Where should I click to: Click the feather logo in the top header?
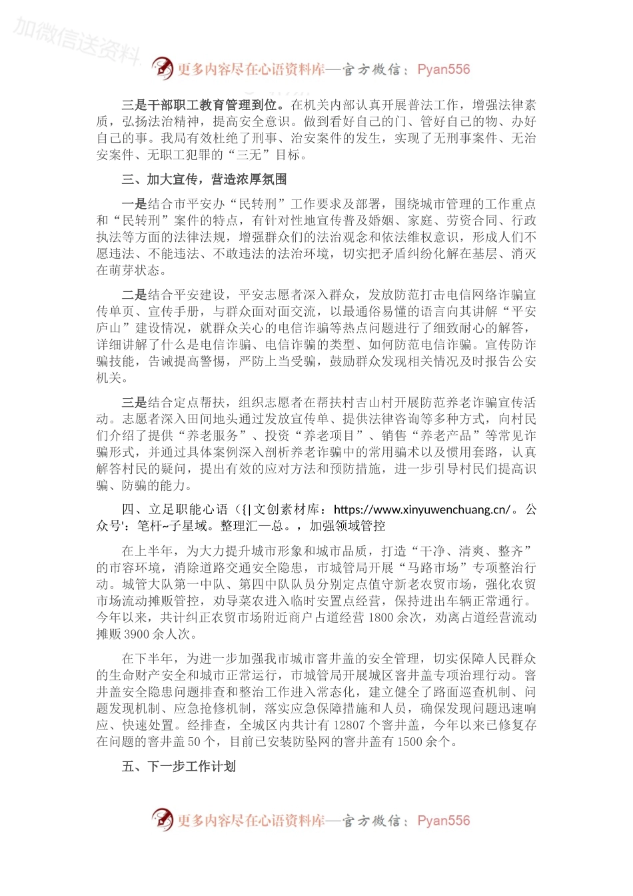pos(162,68)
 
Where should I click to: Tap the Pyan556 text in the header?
pos(443,69)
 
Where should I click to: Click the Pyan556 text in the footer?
pos(443,821)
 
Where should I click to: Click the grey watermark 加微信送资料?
pos(77,40)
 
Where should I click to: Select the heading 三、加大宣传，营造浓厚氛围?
pos(204,179)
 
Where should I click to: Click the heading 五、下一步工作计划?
pos(179,767)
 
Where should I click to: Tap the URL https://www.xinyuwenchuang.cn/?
pos(421,509)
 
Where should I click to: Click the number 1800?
pos(381,617)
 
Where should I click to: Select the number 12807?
pos(350,725)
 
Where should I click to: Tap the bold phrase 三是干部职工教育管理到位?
pos(205,105)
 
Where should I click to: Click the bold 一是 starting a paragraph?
pos(134,204)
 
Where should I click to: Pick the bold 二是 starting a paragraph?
pos(134,295)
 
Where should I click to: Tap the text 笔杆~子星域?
pos(175,526)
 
